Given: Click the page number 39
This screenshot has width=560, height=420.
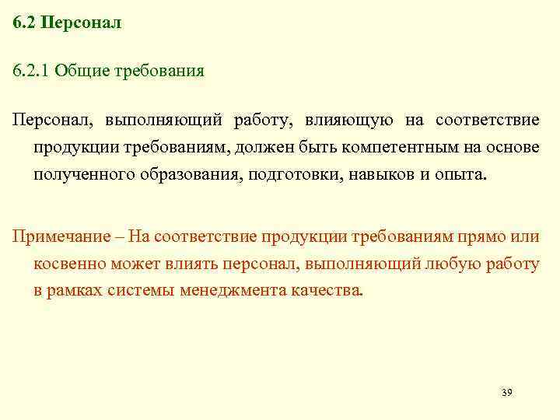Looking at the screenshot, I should coord(506,392).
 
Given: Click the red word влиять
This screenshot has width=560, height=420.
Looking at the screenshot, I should coord(190,264).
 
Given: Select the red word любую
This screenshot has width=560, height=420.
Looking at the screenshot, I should coord(450,264).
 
